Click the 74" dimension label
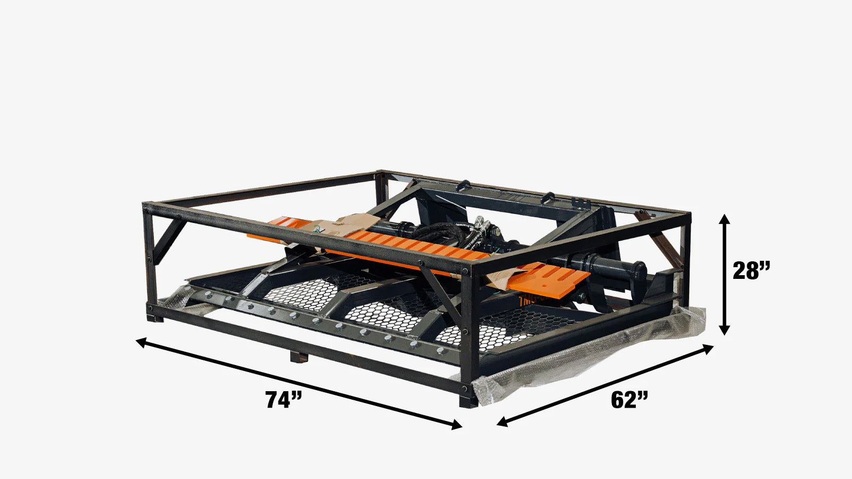pos(284,400)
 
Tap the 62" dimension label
pos(629,400)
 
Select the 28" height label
pos(751,271)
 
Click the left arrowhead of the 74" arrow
pos(142,341)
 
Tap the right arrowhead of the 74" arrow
pos(457,425)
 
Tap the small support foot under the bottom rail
pos(299,357)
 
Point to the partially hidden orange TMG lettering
pos(532,301)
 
